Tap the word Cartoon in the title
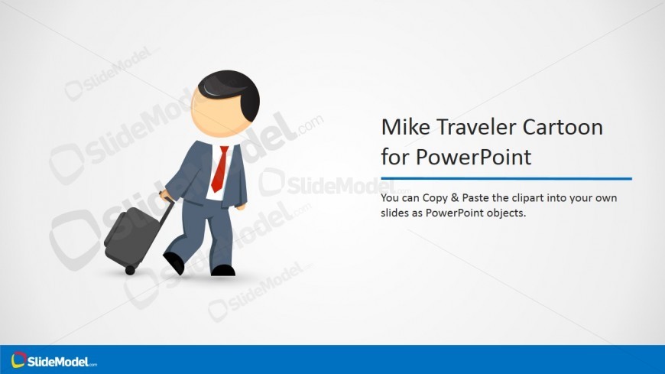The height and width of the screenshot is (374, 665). click(x=563, y=127)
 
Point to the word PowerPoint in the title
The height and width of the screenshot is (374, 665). click(x=473, y=157)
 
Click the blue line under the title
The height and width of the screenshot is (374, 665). click(x=506, y=179)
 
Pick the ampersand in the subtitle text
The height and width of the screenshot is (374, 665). click(x=455, y=198)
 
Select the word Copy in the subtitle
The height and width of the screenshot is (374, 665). click(x=435, y=198)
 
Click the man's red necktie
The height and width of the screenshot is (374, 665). click(x=220, y=168)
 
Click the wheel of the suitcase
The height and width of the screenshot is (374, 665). click(x=130, y=270)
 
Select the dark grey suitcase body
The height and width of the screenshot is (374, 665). click(x=130, y=236)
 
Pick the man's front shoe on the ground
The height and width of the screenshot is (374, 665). click(x=223, y=271)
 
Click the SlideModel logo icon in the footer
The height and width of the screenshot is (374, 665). click(x=18, y=360)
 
